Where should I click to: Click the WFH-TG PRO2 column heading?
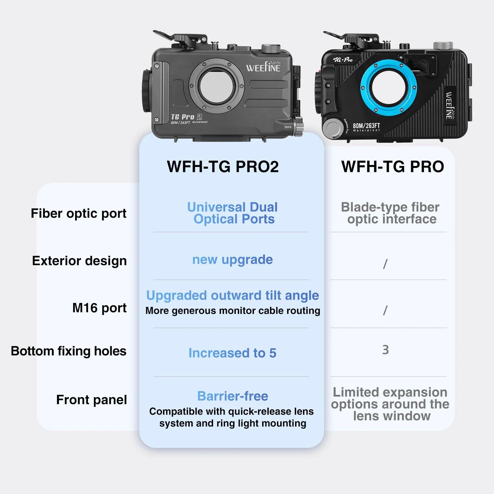pos(223,167)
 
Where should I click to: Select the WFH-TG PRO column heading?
pos(393,167)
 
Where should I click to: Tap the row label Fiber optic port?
pos(79,214)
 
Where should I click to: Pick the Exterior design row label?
pos(79,261)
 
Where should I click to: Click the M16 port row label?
pos(99,308)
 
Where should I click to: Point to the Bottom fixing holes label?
pos(69,351)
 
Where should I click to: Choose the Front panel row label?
pos(92,400)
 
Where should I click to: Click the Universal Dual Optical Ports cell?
pos(233,213)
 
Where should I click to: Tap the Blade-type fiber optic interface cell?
pos(391,213)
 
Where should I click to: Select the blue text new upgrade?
pos(233,260)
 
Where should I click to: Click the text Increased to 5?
pos(233,353)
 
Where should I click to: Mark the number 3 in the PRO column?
pos(386,350)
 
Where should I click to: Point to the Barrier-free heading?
pos(233,396)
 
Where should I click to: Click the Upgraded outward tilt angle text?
pos(233,296)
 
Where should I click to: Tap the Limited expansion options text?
pos(390,404)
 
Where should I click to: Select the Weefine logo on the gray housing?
pos(263,67)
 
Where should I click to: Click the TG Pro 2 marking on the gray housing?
pos(186,117)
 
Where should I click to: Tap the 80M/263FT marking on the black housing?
pos(366,126)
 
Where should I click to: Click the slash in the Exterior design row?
pos(385,264)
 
